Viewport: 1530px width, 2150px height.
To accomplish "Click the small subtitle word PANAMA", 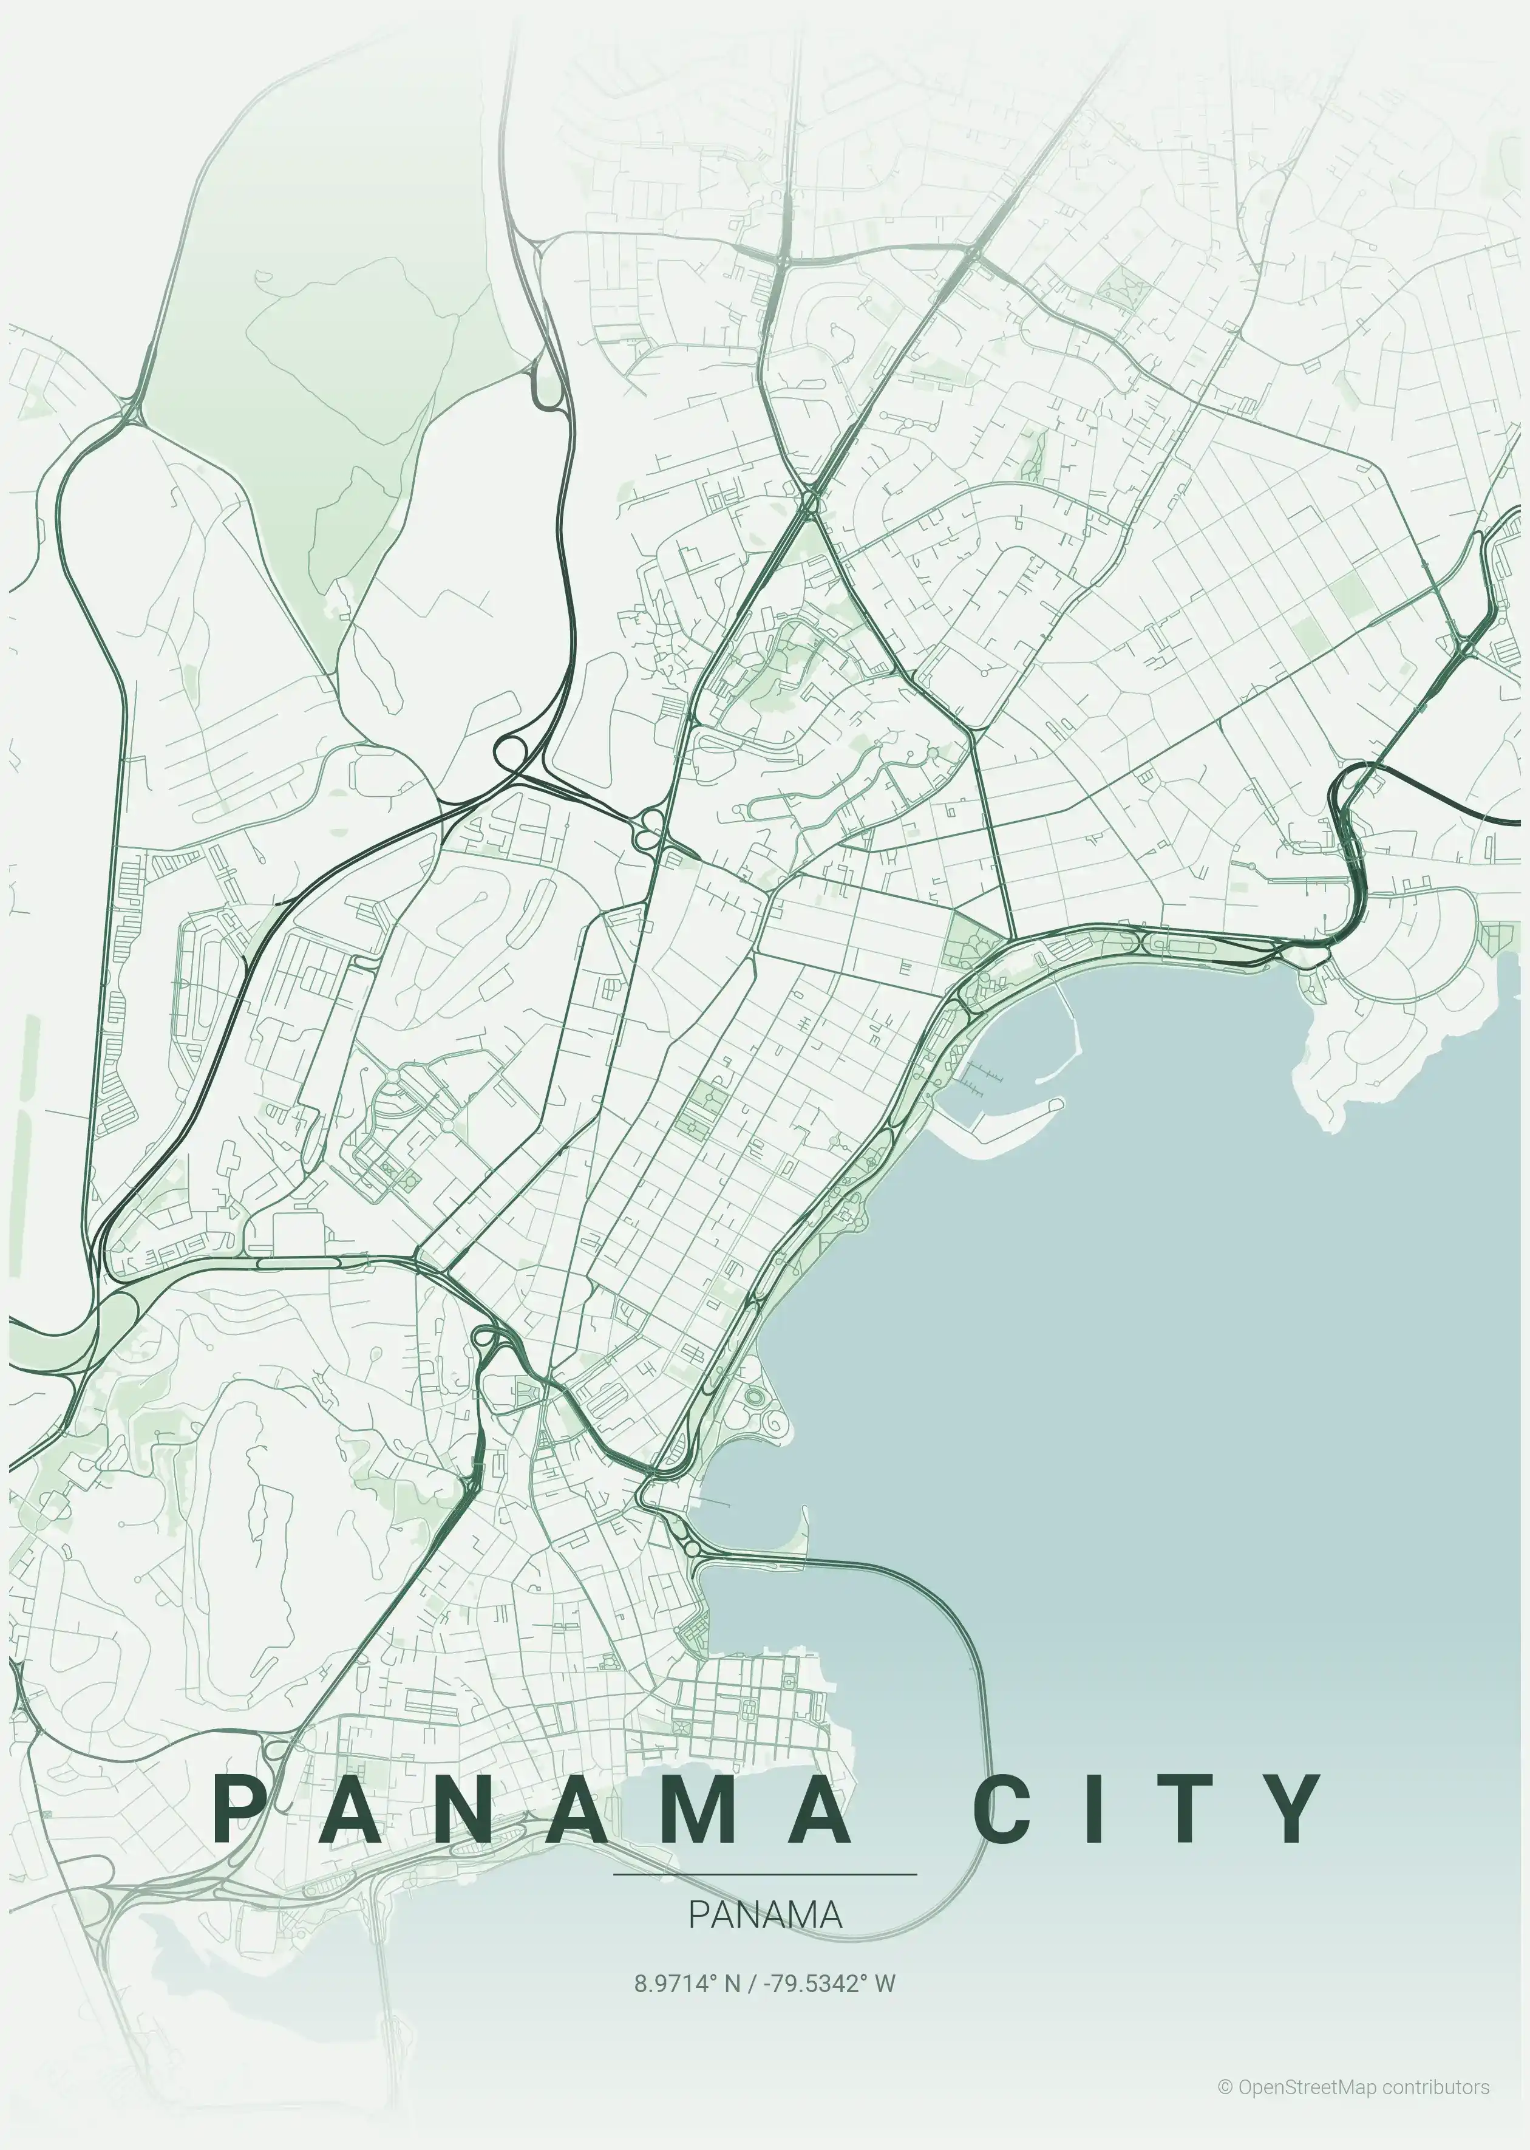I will point(765,1914).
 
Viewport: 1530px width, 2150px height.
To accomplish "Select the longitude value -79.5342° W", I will point(829,1984).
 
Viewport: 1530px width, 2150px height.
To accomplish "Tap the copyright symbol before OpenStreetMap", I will point(1225,2087).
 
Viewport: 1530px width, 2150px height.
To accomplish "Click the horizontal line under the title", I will point(765,1875).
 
